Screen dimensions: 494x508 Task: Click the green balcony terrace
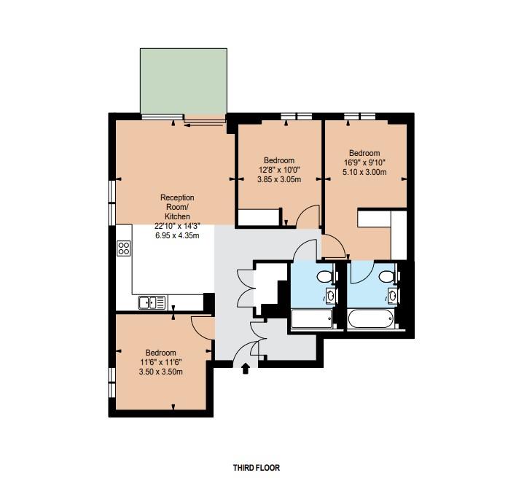[183, 81]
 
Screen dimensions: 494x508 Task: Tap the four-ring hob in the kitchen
[124, 248]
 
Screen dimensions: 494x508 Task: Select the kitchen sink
[152, 302]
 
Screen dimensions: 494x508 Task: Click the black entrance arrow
[245, 369]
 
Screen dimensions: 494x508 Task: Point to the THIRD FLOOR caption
[256, 468]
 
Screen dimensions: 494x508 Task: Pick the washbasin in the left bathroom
[330, 296]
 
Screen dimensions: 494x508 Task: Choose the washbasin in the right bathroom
[392, 295]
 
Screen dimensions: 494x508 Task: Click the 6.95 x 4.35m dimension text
[176, 235]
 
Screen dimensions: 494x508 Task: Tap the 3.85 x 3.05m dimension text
[279, 179]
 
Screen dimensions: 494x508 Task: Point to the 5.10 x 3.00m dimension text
[365, 173]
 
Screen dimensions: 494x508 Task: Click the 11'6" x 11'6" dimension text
[160, 362]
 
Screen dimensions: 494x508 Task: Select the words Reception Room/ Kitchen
[176, 207]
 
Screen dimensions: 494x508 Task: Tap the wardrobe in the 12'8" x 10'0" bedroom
[259, 218]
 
